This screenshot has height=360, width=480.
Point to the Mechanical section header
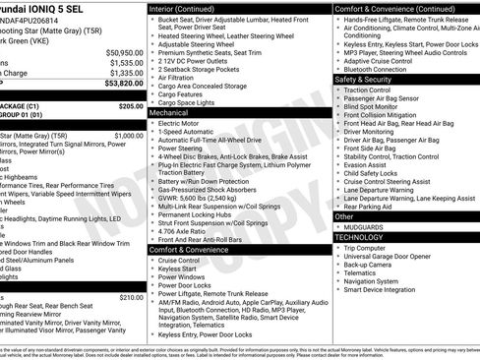pyautogui.click(x=168, y=113)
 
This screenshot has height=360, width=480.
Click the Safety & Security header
pyautogui.click(x=366, y=79)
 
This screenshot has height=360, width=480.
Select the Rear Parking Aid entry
pyautogui.click(x=369, y=207)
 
